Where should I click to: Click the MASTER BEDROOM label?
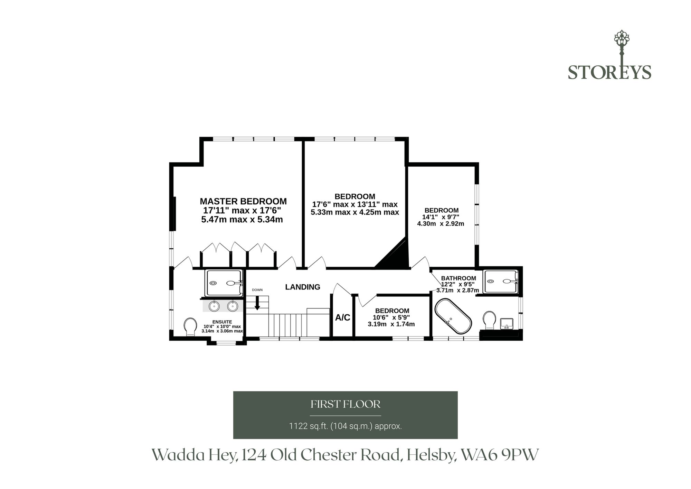coord(243,201)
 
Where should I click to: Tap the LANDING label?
coord(303,287)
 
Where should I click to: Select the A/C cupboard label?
coord(343,317)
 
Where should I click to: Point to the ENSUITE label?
coord(222,322)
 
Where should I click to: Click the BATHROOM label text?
coord(458,278)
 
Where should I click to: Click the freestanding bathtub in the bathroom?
coord(453,316)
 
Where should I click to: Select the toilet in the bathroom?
coord(489,320)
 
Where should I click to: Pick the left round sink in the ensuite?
coord(214,306)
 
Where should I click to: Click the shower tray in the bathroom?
coord(501,282)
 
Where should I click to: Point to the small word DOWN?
coord(257,290)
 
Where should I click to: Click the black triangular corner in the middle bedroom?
coord(394,254)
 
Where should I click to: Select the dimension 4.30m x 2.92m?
coord(441,224)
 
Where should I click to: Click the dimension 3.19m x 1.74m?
coord(391,324)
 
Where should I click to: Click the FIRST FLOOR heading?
coord(345,404)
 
